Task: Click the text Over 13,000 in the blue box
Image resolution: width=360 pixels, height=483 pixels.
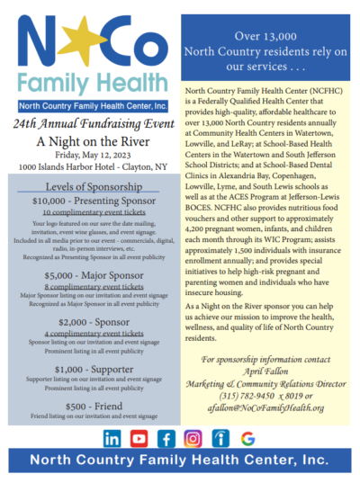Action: [265, 36]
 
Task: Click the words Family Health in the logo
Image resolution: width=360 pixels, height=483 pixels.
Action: [89, 87]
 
